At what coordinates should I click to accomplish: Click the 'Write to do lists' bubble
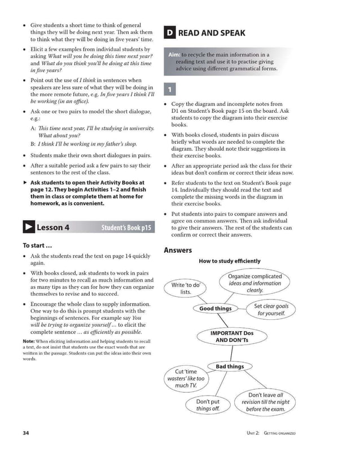coord(186,288)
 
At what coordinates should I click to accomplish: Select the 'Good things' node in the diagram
coord(215,309)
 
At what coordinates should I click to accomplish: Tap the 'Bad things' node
coord(229,366)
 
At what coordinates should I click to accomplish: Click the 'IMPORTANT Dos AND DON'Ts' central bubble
coord(231,337)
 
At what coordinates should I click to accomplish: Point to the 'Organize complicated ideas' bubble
coord(254,283)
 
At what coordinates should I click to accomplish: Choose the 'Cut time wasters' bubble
coord(186,379)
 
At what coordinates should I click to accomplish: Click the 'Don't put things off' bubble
coord(208,405)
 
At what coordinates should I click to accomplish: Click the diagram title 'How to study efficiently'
coord(229,261)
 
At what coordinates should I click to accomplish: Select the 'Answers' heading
coord(178,250)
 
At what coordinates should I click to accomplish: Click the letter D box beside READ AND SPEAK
coord(169,33)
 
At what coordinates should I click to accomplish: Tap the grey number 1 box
coord(169,90)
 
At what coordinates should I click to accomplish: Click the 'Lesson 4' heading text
coord(52,227)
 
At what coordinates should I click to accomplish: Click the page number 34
coord(26,433)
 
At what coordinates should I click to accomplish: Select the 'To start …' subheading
coord(37,245)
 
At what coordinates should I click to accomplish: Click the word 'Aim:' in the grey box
coord(174,54)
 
